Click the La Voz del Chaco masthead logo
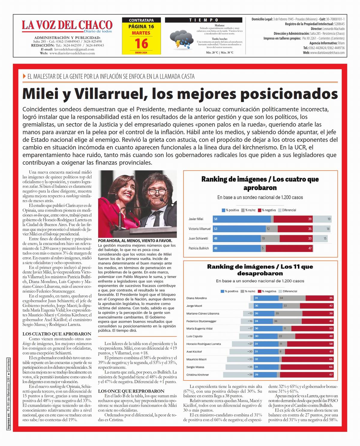pyautogui.click(x=67, y=26)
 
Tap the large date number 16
pyautogui.click(x=141, y=43)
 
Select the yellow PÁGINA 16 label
pyautogui.click(x=141, y=26)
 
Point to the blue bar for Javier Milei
pyautogui.click(x=241, y=219)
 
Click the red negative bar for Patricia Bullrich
pyautogui.click(x=289, y=248)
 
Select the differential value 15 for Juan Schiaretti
pyautogui.click(x=325, y=238)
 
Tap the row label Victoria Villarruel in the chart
pyautogui.click(x=199, y=229)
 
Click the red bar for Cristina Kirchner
pyautogui.click(x=306, y=375)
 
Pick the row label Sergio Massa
pyautogui.click(x=195, y=367)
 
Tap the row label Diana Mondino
pyautogui.click(x=196, y=298)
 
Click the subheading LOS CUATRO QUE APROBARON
pyautogui.click(x=57, y=334)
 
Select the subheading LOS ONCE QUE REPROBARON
pyautogui.click(x=131, y=391)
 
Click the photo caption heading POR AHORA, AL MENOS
pyautogui.click(x=135, y=241)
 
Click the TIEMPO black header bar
pyautogui.click(x=203, y=20)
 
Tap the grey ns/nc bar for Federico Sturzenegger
pyautogui.click(x=287, y=321)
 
